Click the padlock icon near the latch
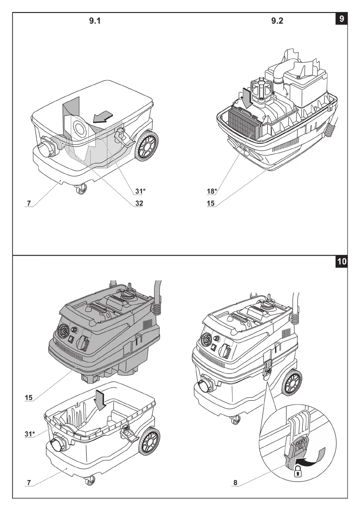[296, 473]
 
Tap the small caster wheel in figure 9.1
[80, 189]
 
